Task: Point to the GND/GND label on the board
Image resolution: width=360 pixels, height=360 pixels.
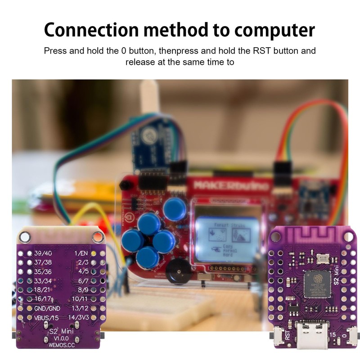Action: (47, 308)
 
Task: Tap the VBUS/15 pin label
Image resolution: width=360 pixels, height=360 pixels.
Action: (46, 318)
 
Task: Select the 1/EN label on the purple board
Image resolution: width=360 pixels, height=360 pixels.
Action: (83, 253)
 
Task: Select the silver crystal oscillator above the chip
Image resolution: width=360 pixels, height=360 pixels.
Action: (322, 257)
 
